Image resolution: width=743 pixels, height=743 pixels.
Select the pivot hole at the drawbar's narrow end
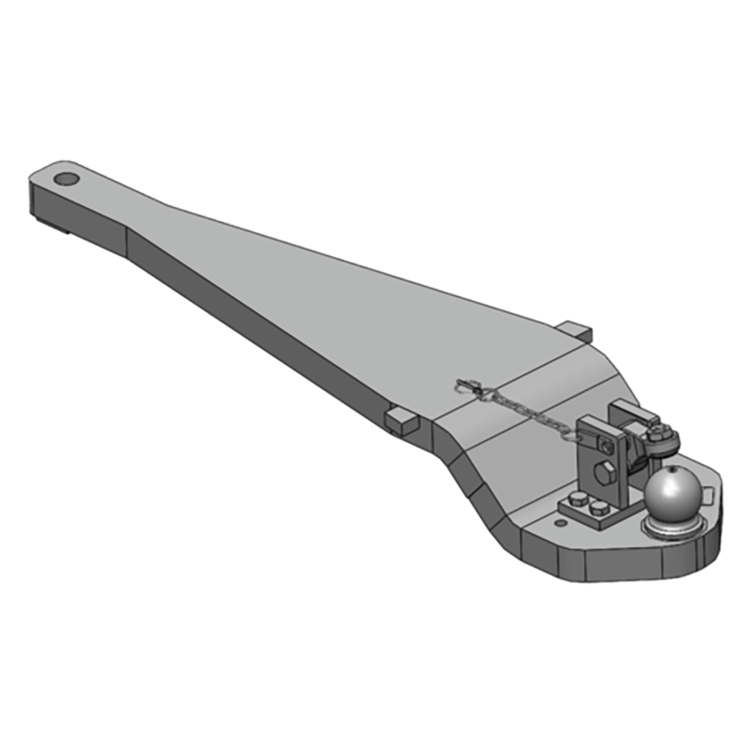(66, 178)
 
